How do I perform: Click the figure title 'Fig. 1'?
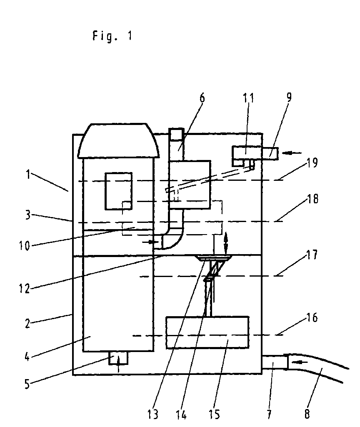(x=112, y=36)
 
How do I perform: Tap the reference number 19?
(x=312, y=163)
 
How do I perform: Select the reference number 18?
(x=312, y=199)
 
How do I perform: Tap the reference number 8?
(x=307, y=414)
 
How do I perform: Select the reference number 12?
(x=24, y=288)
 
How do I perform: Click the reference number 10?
(x=24, y=246)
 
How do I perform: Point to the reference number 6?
(x=202, y=98)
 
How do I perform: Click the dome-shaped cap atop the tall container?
(x=118, y=141)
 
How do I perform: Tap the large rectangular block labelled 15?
(x=207, y=332)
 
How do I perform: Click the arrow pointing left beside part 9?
(x=291, y=153)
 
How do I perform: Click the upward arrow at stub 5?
(x=118, y=364)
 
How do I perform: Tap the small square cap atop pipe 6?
(x=177, y=134)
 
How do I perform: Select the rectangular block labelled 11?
(x=246, y=153)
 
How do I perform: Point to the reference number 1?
(x=28, y=175)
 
